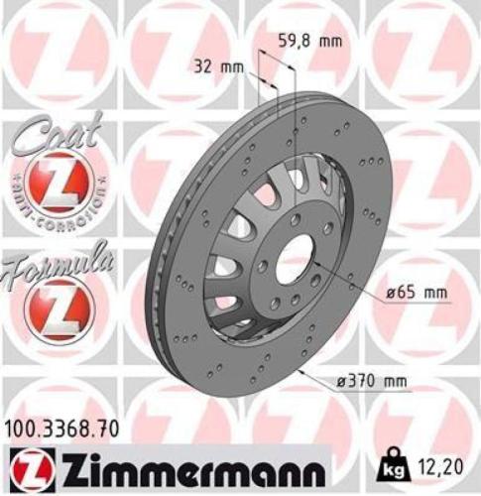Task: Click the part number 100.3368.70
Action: [62, 430]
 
